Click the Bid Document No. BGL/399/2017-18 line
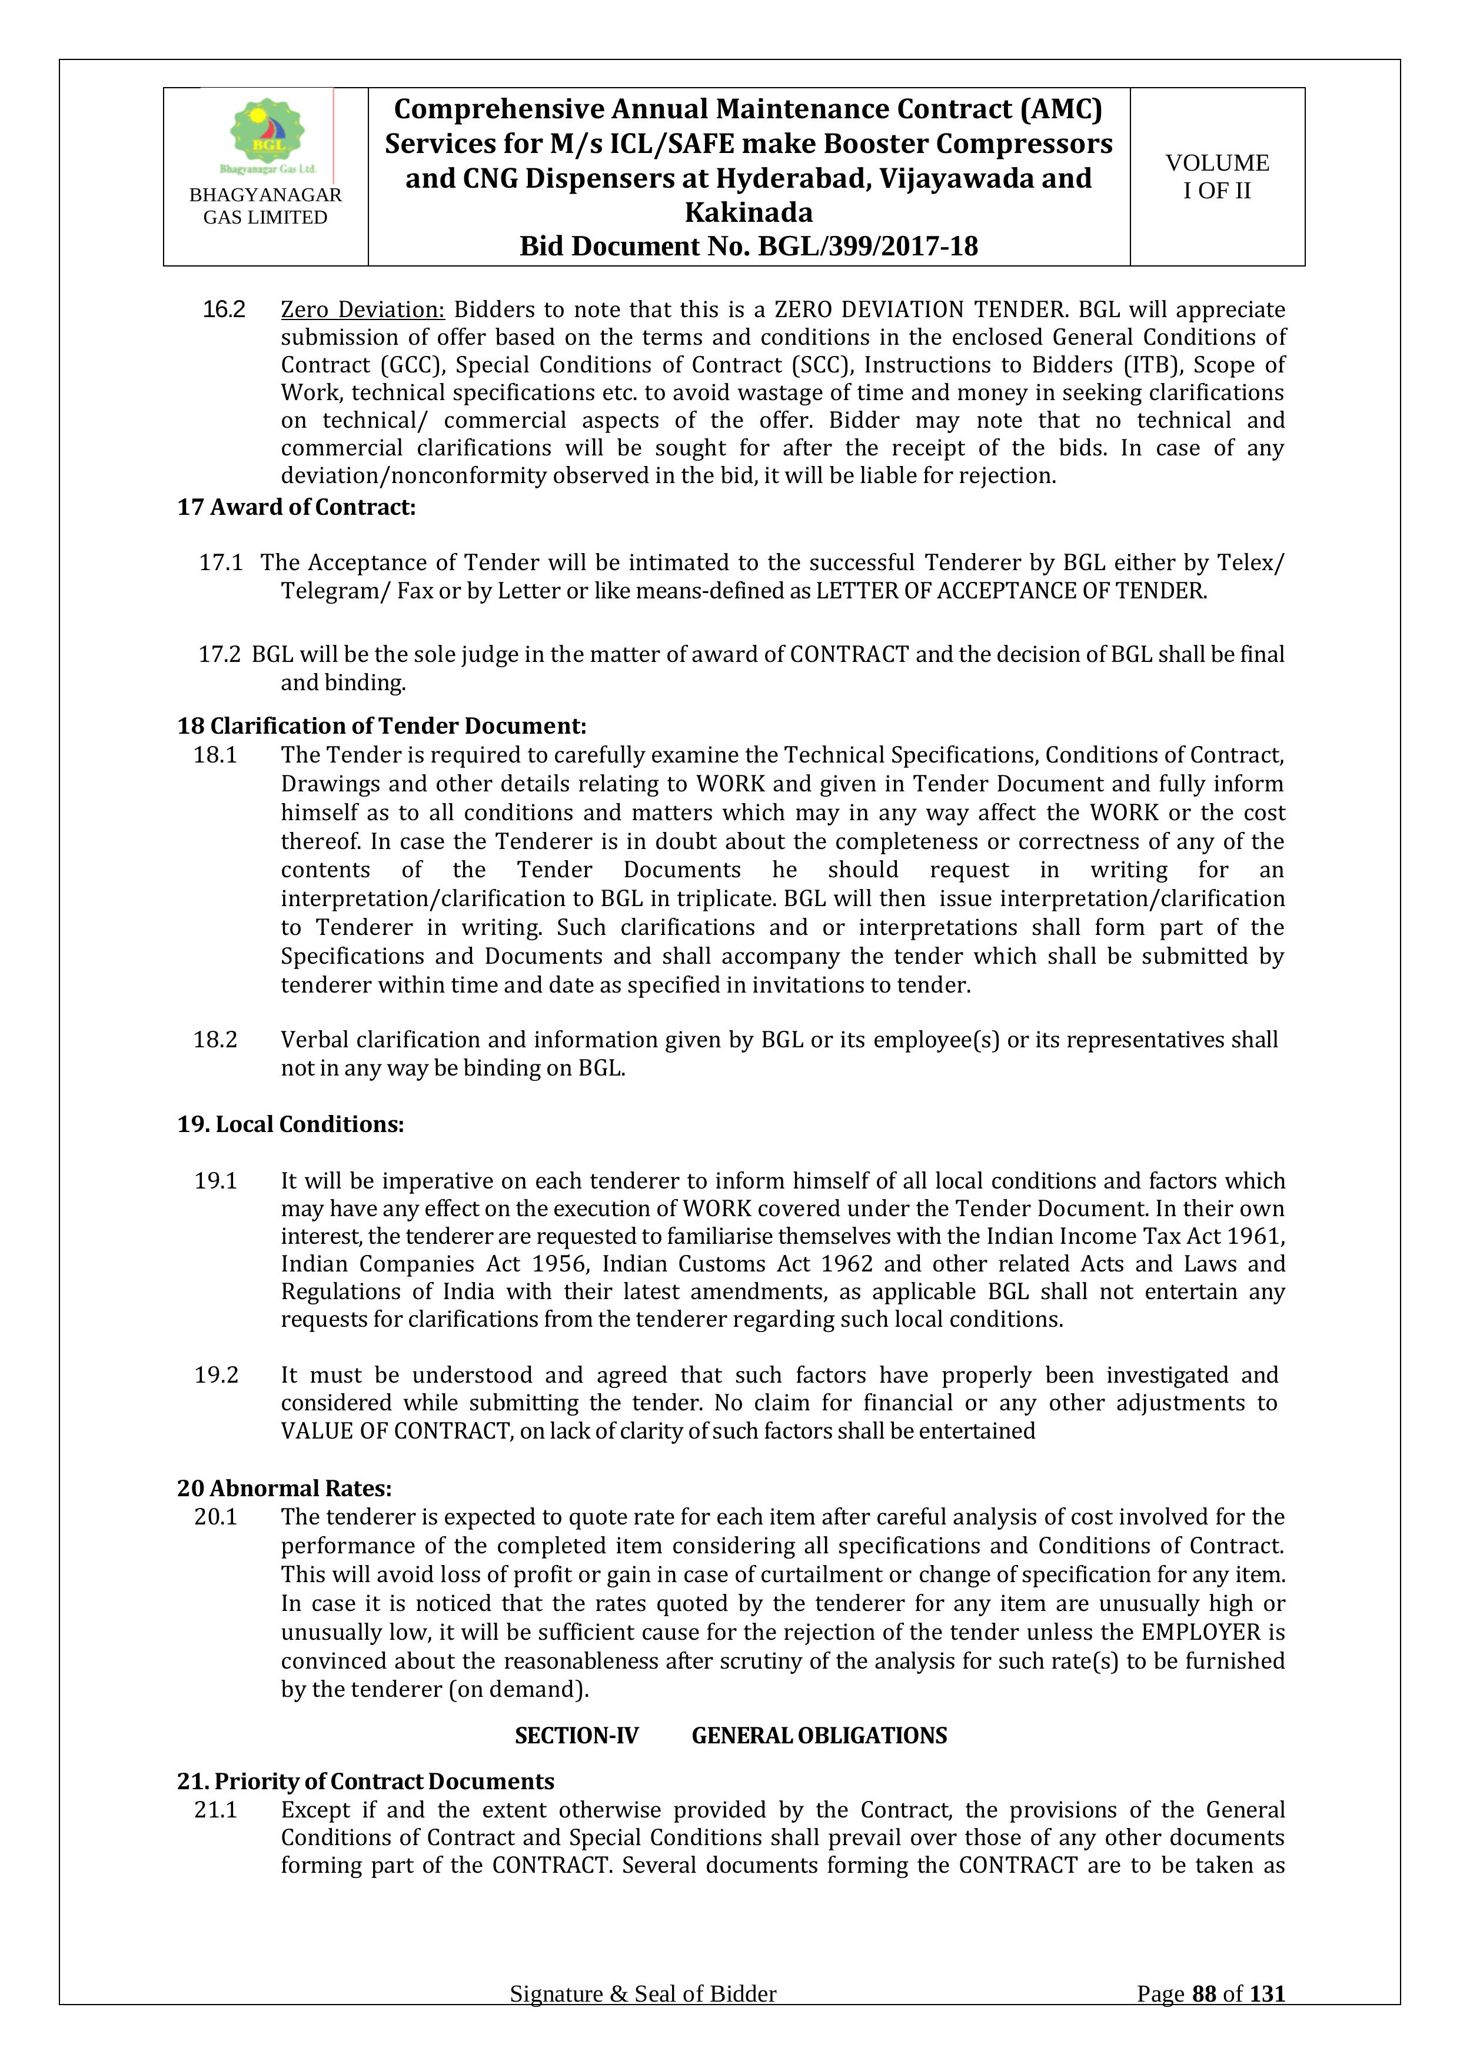[x=748, y=247]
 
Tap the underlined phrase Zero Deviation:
[x=362, y=309]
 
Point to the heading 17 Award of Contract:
[x=296, y=507]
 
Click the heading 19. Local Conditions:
[x=290, y=1124]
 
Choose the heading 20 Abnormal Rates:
[x=284, y=1488]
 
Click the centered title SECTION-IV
[x=576, y=1735]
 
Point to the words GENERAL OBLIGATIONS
[x=819, y=1735]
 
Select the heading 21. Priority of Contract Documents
[x=365, y=1781]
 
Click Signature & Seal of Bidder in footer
[x=643, y=2019]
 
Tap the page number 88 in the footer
[x=1204, y=2019]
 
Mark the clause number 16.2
[x=223, y=309]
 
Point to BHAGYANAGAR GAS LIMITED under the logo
[x=265, y=206]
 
